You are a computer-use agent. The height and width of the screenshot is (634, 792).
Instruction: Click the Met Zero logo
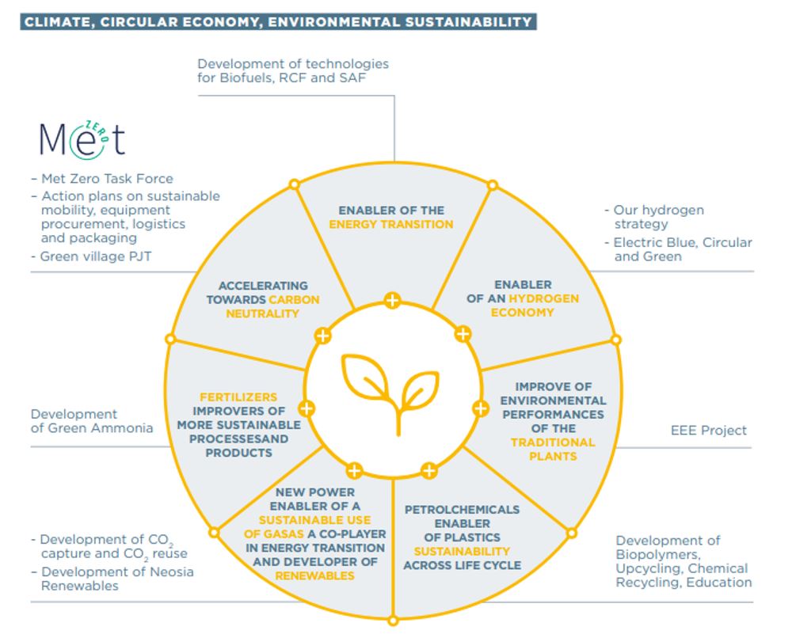(82, 139)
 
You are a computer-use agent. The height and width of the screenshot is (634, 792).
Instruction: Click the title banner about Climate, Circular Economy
(278, 22)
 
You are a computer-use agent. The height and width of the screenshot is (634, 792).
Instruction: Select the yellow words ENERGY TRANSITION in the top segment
(392, 224)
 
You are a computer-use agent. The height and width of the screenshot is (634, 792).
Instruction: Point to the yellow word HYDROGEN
(544, 298)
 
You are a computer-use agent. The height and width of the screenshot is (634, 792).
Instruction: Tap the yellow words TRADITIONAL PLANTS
(552, 449)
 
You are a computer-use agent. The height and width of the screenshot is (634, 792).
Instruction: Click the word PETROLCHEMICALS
(463, 509)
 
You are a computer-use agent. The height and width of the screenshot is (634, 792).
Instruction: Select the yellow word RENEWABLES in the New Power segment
(314, 575)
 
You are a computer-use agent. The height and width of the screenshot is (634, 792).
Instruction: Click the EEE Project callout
(708, 431)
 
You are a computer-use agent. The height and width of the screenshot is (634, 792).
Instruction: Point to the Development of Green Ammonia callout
(92, 421)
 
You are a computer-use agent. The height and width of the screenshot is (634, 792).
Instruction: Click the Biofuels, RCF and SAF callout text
(293, 70)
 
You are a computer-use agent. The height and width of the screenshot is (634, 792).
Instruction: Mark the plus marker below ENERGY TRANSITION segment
(392, 300)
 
